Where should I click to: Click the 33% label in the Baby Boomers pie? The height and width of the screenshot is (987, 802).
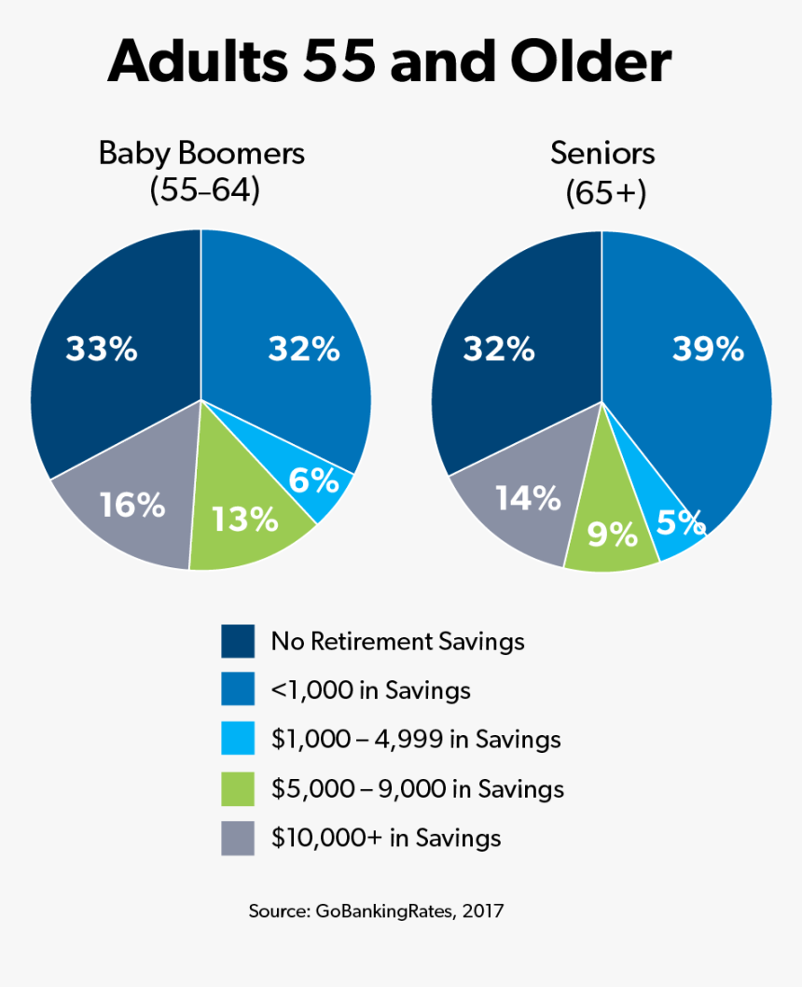102,350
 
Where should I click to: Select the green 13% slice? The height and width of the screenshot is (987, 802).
244,520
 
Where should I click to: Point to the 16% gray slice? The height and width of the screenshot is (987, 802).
132,506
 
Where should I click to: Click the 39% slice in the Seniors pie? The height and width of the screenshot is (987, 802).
707,350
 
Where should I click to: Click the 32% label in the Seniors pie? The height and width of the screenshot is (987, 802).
499,350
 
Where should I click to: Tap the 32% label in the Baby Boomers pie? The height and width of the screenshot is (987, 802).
304,350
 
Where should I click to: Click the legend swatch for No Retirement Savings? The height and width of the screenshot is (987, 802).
238,642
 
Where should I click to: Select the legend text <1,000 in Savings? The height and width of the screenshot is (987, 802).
370,691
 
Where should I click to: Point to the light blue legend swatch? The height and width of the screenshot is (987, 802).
238,740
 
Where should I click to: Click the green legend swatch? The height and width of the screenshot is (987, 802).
238,789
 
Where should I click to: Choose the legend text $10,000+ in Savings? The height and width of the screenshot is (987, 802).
386,838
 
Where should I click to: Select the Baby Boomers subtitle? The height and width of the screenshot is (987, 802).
202,153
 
